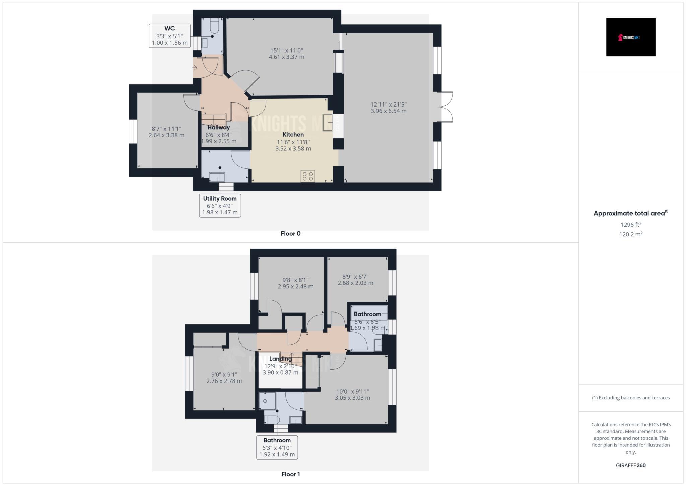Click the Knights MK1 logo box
click(630, 37)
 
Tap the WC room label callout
click(170, 36)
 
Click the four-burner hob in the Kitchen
click(307, 176)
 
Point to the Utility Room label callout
click(220, 205)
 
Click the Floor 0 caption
click(290, 234)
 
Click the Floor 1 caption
click(290, 474)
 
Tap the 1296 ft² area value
click(631, 225)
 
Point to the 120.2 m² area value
click(631, 234)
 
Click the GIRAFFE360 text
click(631, 465)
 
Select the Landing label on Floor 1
click(280, 359)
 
